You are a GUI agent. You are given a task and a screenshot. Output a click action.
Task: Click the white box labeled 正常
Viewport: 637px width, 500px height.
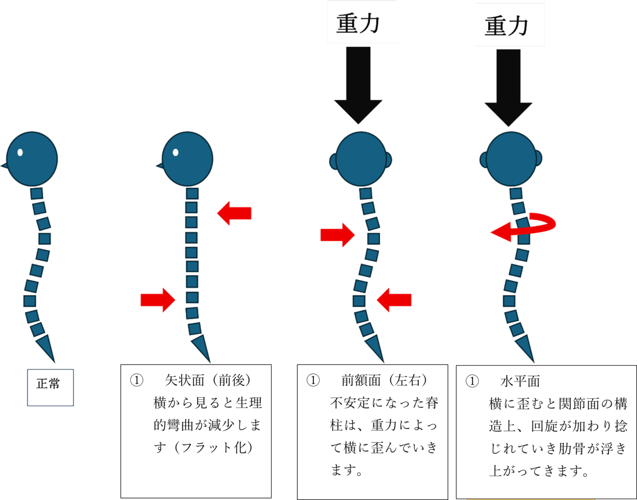[50, 387]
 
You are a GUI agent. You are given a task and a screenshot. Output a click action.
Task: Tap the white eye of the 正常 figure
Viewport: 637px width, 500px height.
[20, 152]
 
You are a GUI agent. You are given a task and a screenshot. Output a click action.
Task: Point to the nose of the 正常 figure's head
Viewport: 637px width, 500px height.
[3, 165]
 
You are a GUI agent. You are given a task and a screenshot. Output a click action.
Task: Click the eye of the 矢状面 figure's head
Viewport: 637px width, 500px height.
[176, 152]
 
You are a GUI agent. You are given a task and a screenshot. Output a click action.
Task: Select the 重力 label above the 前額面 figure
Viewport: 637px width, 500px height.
[361, 22]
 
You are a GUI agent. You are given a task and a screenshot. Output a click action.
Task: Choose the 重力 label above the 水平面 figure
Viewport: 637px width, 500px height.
[510, 25]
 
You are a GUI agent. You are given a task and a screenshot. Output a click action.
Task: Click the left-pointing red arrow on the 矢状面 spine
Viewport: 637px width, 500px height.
[234, 214]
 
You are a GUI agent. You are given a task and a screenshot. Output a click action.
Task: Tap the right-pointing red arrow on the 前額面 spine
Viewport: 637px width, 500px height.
[337, 235]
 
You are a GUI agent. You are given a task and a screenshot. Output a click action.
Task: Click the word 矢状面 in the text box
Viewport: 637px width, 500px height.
[185, 380]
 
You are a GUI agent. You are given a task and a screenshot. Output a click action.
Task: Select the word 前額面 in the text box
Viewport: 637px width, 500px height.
[361, 380]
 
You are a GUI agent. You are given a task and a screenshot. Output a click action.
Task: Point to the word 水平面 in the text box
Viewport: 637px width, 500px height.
[520, 382]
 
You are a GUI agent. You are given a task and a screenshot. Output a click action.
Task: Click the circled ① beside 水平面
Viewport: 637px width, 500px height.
[472, 382]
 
